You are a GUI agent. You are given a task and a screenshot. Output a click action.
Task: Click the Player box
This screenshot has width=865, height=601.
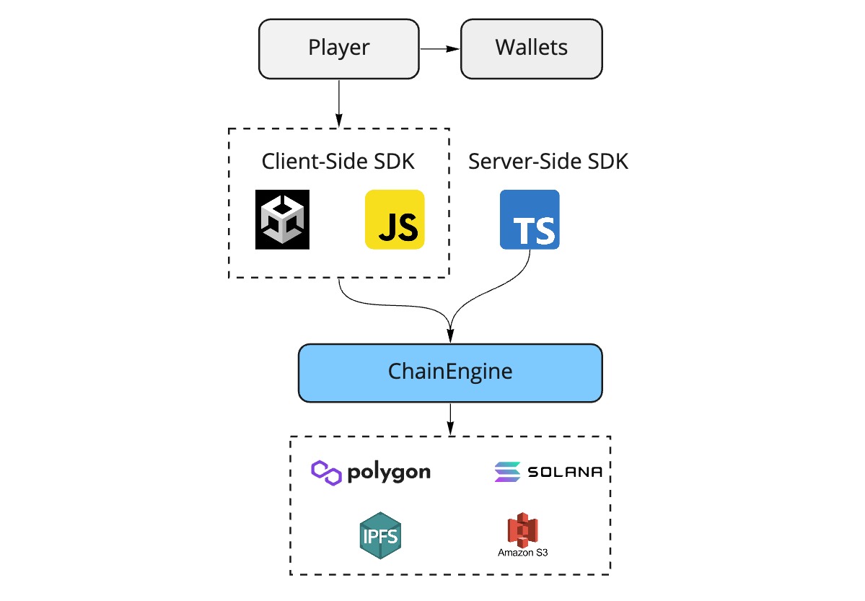[x=338, y=48]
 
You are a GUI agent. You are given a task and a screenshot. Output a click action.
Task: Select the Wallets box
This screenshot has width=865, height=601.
[x=531, y=48]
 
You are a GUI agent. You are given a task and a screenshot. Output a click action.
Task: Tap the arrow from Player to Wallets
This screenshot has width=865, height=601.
[x=439, y=49]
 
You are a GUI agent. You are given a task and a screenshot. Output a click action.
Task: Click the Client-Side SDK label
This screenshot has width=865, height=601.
[x=338, y=161]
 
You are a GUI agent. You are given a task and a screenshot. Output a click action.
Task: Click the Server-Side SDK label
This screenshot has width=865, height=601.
[x=548, y=161]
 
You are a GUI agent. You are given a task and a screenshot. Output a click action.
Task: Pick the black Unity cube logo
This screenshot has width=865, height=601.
[x=282, y=219]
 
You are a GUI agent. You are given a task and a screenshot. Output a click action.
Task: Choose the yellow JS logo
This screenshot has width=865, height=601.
[x=395, y=219]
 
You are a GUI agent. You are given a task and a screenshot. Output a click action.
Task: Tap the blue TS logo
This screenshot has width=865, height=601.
[x=530, y=219]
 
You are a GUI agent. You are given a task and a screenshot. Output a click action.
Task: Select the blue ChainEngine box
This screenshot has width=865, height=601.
[x=449, y=372]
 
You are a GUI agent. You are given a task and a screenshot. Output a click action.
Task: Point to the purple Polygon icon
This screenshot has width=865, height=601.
[x=326, y=473]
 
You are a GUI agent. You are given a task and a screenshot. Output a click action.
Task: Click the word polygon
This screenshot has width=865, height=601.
[x=389, y=473]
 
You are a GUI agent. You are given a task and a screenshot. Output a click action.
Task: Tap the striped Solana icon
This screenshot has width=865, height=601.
[x=507, y=472]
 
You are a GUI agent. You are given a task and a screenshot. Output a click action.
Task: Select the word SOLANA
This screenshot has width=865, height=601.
[x=565, y=473]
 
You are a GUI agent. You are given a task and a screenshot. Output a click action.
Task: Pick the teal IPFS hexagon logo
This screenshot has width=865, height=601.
[x=379, y=535]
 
